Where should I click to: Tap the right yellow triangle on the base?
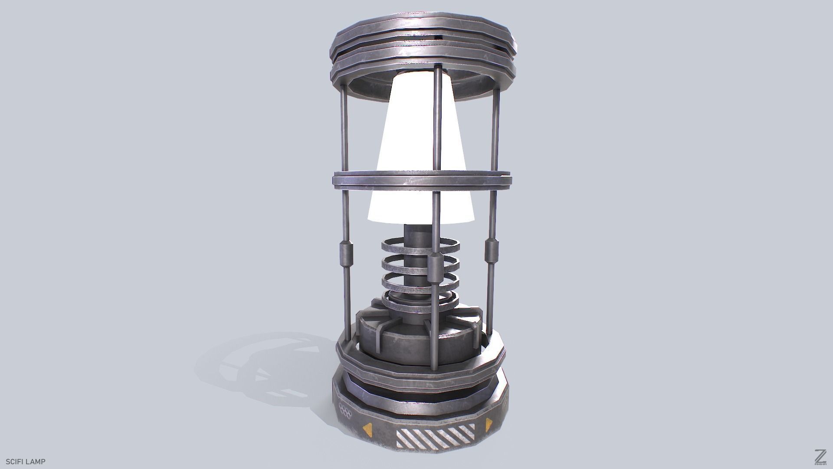pyautogui.click(x=489, y=424)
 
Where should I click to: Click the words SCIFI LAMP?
pyautogui.click(x=26, y=462)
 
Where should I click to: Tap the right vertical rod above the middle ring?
pyautogui.click(x=495, y=130)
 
